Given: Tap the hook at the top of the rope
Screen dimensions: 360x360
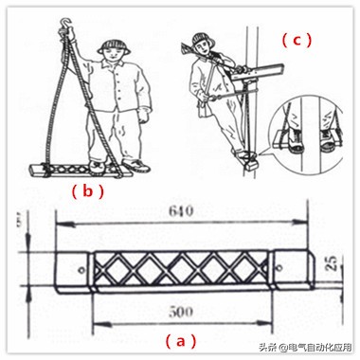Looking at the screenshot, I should coord(67,17).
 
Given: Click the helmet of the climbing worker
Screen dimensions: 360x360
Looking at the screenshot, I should coord(200,41).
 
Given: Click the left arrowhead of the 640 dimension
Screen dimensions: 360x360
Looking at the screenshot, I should coord(59,225).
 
